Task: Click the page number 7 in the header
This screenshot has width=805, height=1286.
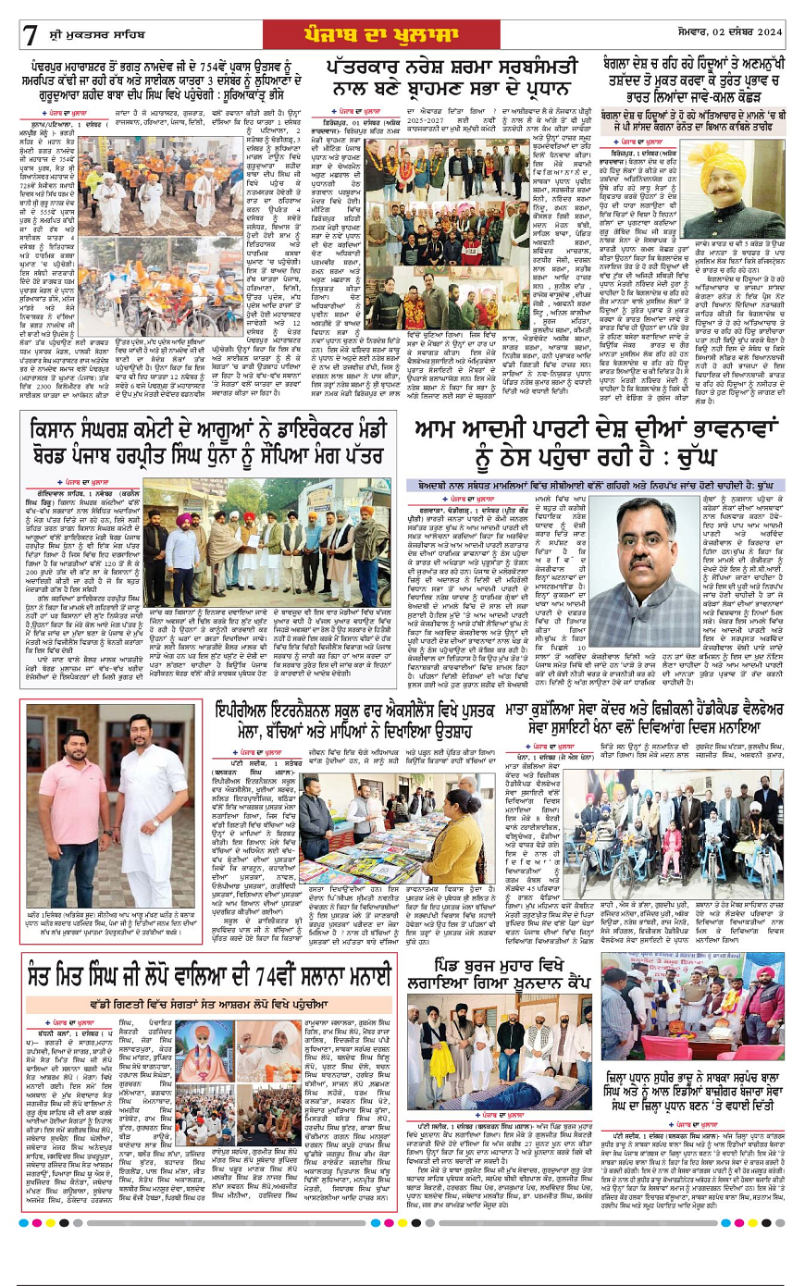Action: point(31,35)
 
